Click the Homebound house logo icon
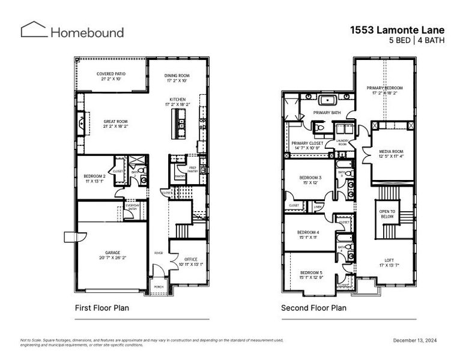(x=33, y=30)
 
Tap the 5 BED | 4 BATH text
(x=411, y=40)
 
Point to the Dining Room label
(x=177, y=78)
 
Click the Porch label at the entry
(x=159, y=287)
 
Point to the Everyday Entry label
(x=132, y=208)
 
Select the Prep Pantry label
(x=193, y=170)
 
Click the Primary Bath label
(x=326, y=112)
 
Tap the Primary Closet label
(x=307, y=146)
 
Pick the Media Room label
(x=391, y=154)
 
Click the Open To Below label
(x=387, y=214)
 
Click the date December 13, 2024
(x=415, y=340)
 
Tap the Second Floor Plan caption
(x=313, y=308)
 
